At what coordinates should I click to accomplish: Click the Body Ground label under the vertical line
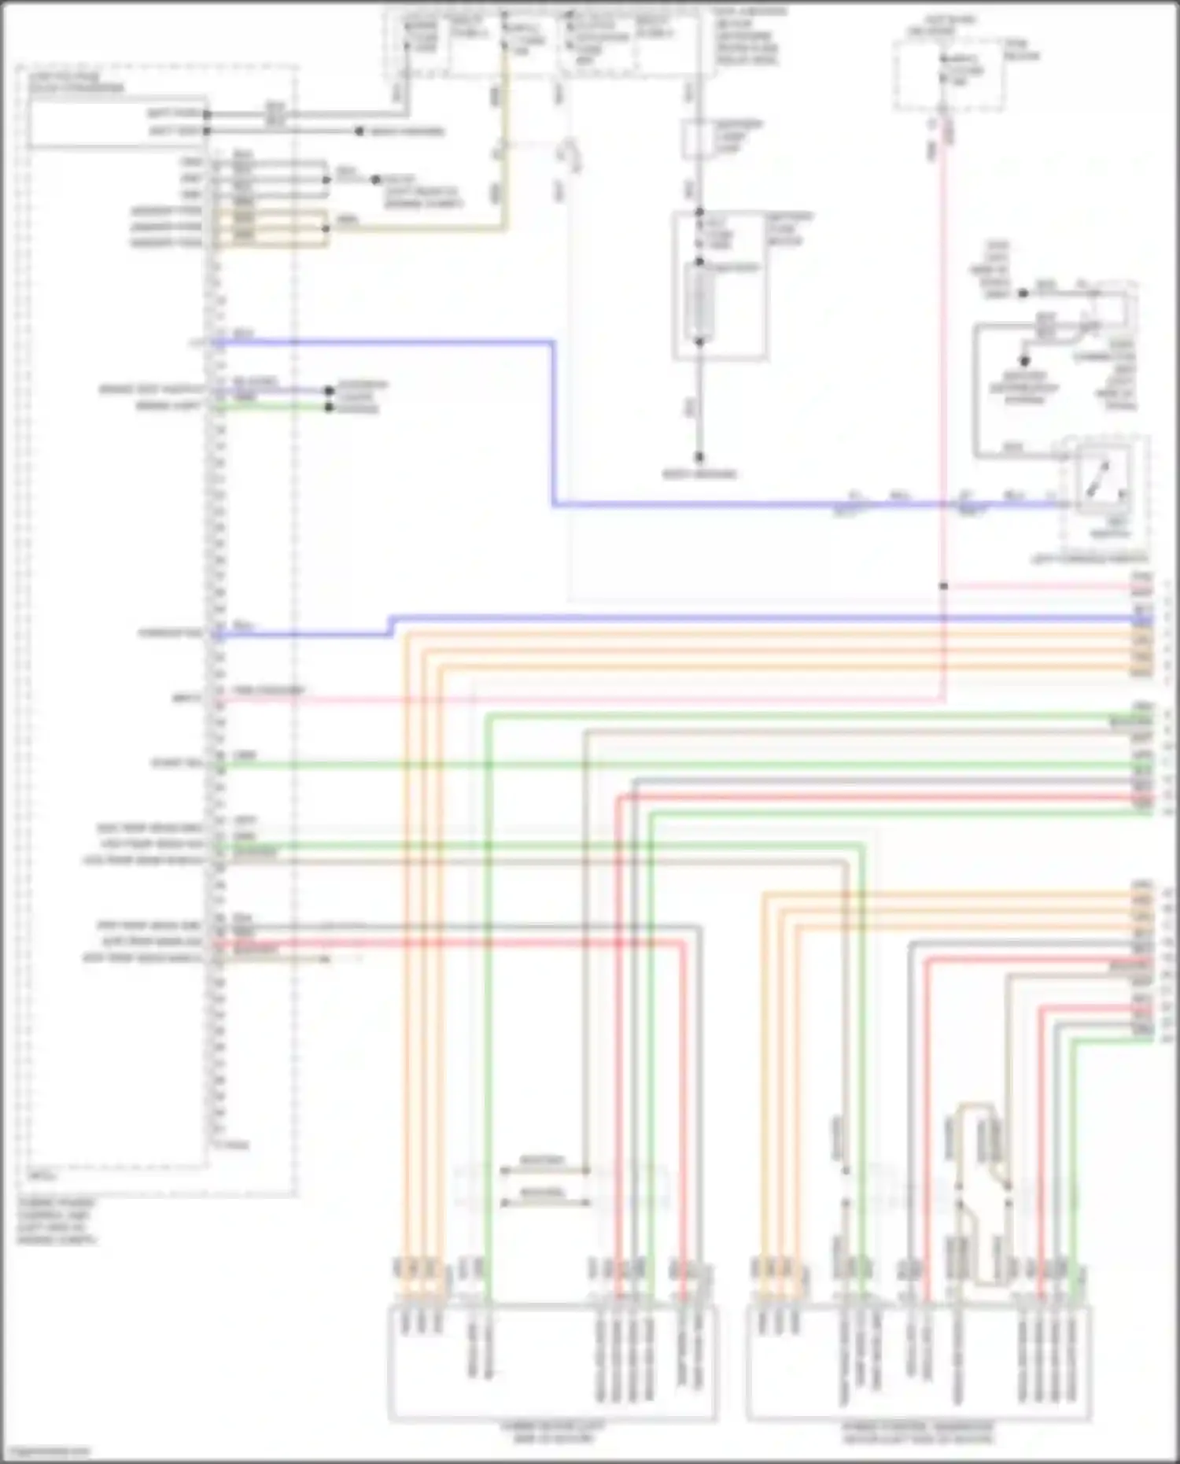[x=699, y=474]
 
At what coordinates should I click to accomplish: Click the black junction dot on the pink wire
[x=943, y=586]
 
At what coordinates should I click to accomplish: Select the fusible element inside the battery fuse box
[x=699, y=303]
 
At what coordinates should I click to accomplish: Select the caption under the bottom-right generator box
[x=918, y=1433]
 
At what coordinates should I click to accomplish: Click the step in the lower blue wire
[x=391, y=627]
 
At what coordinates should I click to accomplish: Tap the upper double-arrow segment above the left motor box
[x=544, y=1171]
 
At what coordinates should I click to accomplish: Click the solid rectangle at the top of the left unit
[x=118, y=122]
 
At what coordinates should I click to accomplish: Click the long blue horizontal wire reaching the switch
[x=787, y=504]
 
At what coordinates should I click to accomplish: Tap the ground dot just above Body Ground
[x=699, y=457]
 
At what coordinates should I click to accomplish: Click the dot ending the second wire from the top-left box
[x=359, y=131]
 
